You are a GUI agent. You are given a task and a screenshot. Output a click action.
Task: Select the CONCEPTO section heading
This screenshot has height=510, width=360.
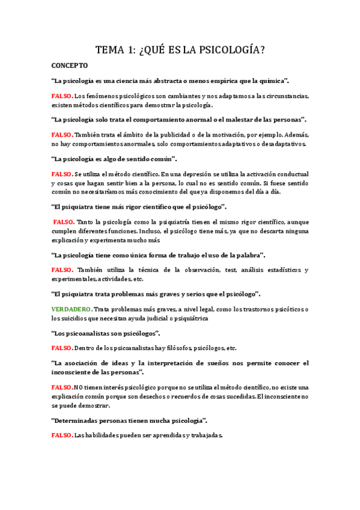tap(70, 65)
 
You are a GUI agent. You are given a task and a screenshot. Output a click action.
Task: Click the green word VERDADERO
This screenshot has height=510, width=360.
tap(72, 310)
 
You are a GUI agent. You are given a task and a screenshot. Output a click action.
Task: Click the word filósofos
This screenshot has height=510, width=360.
tap(178, 348)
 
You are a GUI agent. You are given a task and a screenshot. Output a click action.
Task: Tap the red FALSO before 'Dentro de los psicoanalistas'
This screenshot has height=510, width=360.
tap(62, 348)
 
